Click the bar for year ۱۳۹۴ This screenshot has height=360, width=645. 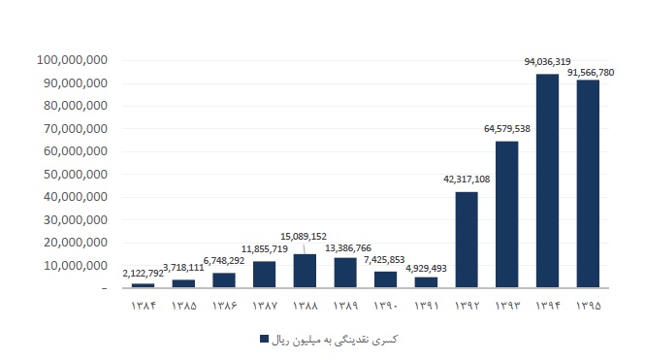pyautogui.click(x=547, y=180)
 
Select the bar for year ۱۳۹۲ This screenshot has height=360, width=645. pyautogui.click(x=467, y=240)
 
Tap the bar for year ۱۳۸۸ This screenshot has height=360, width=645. pyautogui.click(x=305, y=271)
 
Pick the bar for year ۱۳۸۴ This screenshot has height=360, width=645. pyautogui.click(x=144, y=285)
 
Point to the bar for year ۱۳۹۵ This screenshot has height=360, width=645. pyautogui.click(x=588, y=183)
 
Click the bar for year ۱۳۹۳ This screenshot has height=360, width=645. pyautogui.click(x=506, y=214)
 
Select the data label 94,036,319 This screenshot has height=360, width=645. pyautogui.click(x=547, y=62)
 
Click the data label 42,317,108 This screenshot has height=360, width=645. pyautogui.click(x=467, y=179)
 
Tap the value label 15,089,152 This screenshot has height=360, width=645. pyautogui.click(x=304, y=237)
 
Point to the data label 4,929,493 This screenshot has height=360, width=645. pyautogui.click(x=426, y=268)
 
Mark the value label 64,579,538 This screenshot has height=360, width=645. pyautogui.click(x=507, y=129)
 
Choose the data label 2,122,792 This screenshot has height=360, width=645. pyautogui.click(x=143, y=274)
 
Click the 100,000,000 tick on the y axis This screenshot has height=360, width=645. pyautogui.click(x=72, y=60)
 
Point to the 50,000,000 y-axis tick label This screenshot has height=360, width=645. pyautogui.click(x=76, y=175)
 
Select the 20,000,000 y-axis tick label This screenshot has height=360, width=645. pyautogui.click(x=76, y=243)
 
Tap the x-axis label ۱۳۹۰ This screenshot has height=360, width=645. pyautogui.click(x=385, y=306)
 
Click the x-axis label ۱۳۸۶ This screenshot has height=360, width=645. pyautogui.click(x=224, y=306)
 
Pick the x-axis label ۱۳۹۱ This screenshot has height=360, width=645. pyautogui.click(x=426, y=306)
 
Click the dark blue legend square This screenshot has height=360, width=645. pyautogui.click(x=264, y=339)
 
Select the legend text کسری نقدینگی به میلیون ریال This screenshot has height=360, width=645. pyautogui.click(x=335, y=340)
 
